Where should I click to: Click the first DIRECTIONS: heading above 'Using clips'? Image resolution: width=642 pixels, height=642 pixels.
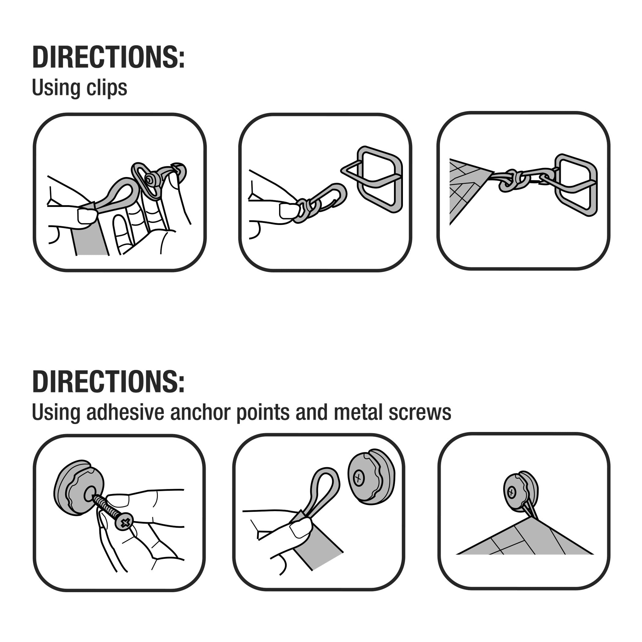point(108,57)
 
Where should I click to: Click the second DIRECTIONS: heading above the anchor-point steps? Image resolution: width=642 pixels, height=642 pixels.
point(108,382)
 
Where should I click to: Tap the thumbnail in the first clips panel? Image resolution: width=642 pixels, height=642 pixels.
point(86,215)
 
